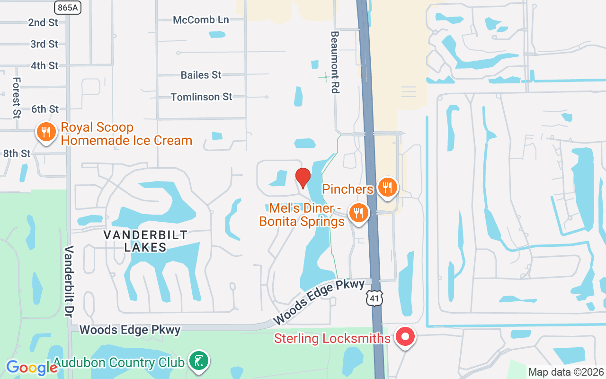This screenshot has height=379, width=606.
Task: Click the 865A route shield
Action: pos(68,7)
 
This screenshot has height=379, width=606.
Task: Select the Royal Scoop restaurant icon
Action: pos(46,132)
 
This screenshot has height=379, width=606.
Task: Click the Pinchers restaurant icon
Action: pos(387,186)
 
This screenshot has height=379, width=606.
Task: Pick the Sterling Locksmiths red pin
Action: pos(405,338)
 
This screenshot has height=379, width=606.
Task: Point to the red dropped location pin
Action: pos(303,178)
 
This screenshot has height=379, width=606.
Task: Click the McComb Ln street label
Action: pos(201,20)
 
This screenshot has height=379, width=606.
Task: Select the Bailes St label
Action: pos(201,75)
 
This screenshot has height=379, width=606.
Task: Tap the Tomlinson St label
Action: pos(201,97)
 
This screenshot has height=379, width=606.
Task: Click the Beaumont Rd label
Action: pos(335,62)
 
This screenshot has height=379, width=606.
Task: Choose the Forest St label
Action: pos(17,98)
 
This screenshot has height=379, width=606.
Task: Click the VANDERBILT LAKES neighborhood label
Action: pos(145,241)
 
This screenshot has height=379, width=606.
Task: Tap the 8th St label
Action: pos(17,153)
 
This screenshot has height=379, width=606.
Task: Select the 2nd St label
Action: pos(43,22)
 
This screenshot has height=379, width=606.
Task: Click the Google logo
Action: pos(31,368)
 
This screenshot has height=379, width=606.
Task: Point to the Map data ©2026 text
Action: pos(566,372)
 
